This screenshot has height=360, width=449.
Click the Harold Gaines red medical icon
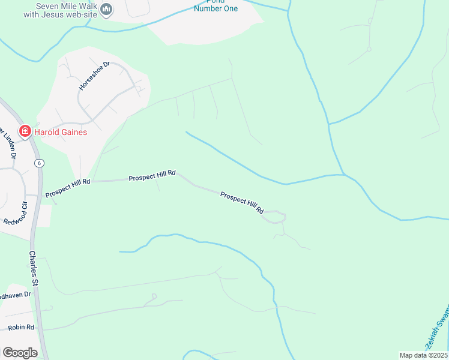(x=25, y=131)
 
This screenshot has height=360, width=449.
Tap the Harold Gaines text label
(x=60, y=132)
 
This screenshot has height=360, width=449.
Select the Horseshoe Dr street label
(x=95, y=76)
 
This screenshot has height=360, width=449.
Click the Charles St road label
(x=34, y=268)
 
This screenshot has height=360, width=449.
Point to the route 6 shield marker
(x=38, y=163)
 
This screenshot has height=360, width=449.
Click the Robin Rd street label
(x=21, y=328)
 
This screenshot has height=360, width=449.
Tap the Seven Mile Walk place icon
(x=106, y=8)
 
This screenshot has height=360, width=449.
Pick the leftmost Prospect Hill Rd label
(x=67, y=185)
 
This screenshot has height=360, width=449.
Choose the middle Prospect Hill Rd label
(x=152, y=175)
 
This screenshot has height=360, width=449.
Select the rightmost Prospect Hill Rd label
(x=243, y=203)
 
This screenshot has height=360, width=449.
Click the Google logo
(x=20, y=352)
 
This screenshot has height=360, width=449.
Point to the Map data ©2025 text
(x=423, y=355)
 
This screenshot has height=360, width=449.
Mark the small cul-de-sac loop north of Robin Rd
(x=154, y=296)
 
